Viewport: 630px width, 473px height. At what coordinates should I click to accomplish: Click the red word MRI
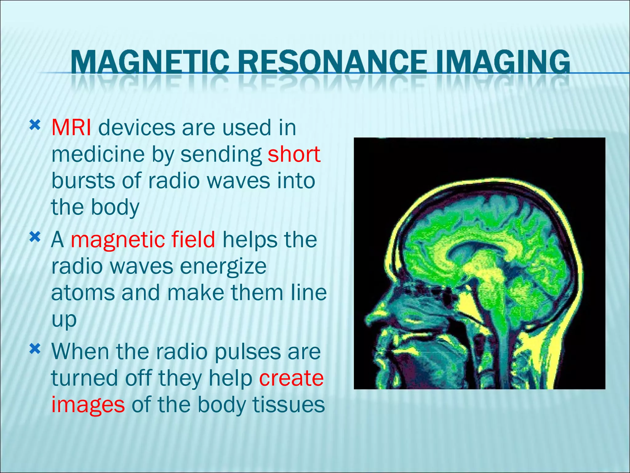tap(71, 127)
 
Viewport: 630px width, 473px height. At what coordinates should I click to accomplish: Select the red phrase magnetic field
tap(143, 240)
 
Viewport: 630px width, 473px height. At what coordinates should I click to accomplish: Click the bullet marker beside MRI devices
tap(35, 125)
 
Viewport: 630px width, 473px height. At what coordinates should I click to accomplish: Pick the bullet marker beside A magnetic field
tap(35, 237)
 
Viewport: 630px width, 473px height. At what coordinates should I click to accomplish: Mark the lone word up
tap(64, 320)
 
